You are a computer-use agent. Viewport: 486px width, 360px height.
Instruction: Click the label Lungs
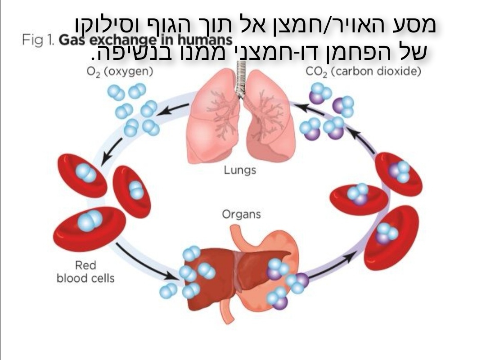(x=240, y=170)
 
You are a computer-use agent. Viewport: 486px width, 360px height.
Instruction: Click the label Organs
(x=241, y=214)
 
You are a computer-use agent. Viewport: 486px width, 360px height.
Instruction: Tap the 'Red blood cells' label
(x=85, y=272)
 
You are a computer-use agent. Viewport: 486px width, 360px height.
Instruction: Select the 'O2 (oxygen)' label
(x=120, y=72)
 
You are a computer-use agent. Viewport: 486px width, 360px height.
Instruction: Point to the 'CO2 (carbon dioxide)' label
(x=363, y=72)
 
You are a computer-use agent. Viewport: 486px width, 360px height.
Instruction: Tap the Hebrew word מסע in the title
(x=417, y=25)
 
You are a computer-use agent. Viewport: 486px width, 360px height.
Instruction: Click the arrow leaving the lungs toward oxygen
(x=175, y=108)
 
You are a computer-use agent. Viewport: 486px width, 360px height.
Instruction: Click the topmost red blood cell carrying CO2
(x=398, y=173)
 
